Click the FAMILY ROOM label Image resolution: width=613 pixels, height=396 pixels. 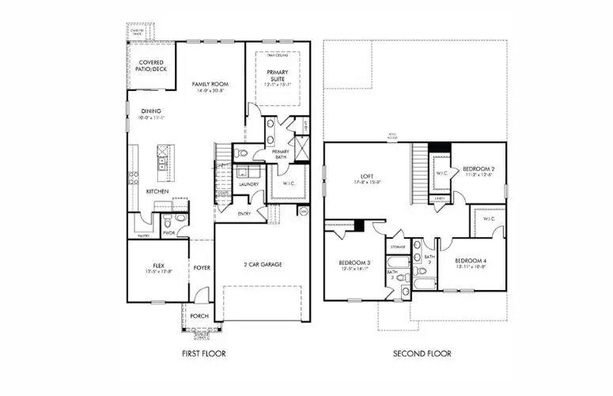click(210, 83)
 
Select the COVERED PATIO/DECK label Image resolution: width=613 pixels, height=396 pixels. click(151, 66)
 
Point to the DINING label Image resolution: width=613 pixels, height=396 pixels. click(151, 111)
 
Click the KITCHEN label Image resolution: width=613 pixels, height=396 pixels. click(157, 191)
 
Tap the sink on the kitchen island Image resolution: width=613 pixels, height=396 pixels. click(163, 163)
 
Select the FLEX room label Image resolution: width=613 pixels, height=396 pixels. click(157, 266)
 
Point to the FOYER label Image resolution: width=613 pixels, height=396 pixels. click(202, 268)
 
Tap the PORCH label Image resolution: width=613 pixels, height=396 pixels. click(200, 316)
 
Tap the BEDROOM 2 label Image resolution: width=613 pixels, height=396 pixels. click(479, 168)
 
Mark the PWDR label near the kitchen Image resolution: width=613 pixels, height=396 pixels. click(168, 232)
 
